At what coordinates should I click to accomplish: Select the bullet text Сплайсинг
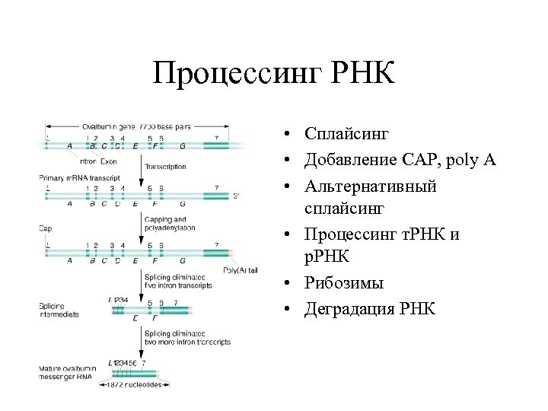346,135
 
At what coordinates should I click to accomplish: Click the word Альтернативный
371,186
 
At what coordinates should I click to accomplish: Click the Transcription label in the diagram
165,165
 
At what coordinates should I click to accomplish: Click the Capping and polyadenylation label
169,223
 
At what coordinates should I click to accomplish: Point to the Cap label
45,228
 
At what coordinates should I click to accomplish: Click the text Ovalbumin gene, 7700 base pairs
138,126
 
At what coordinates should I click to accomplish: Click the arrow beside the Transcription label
142,165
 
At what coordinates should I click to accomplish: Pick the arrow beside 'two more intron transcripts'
142,346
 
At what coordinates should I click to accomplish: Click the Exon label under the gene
110,161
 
